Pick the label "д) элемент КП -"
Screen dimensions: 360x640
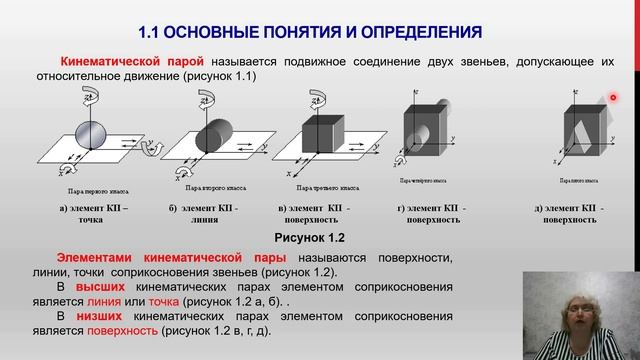(568, 207)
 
